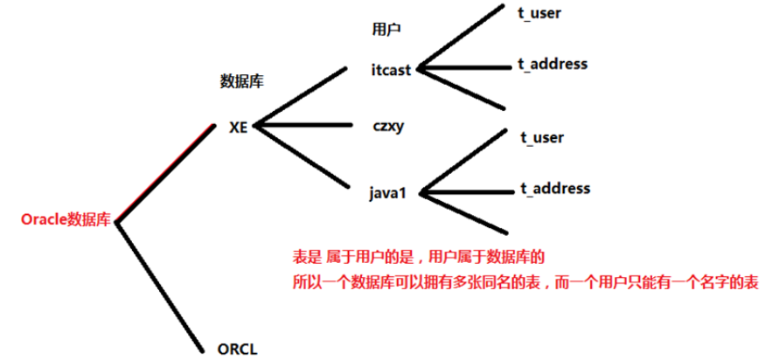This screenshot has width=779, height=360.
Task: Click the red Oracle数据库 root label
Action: pos(66,220)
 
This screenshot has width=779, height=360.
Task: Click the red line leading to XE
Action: pos(166,174)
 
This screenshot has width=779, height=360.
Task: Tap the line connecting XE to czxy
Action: pos(306,125)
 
